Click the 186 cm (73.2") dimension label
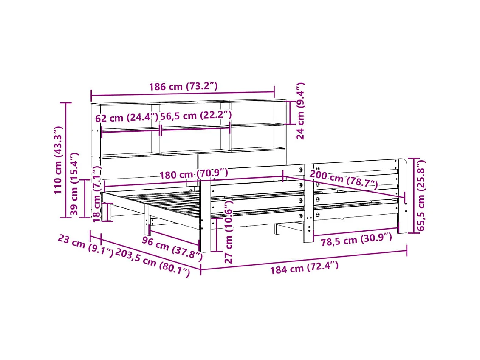[183, 86]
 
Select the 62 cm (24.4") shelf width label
[126, 118]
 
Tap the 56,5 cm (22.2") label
[196, 115]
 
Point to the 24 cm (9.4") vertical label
[300, 111]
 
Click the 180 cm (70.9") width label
[193, 173]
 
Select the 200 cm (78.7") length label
[343, 179]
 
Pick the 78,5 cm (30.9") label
[356, 241]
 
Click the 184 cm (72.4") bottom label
[304, 268]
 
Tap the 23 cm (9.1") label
[85, 246]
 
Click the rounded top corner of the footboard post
[403, 161]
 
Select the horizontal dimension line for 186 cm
[183, 94]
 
